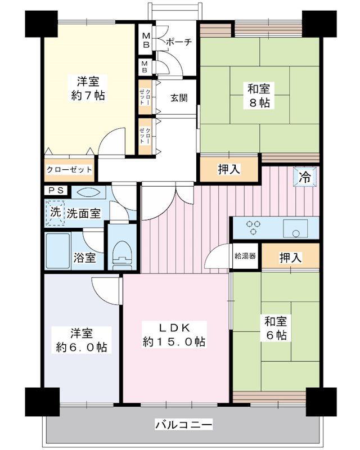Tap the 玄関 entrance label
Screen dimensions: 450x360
[179, 97]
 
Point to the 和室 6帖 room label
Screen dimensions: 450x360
[276, 328]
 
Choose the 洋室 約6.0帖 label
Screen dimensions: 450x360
[81, 340]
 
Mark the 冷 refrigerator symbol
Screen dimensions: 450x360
[304, 178]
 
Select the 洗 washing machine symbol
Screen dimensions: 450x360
[55, 213]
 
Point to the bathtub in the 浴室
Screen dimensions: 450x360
[57, 251]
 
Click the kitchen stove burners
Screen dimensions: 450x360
[253, 227]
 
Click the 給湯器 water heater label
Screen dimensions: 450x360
[246, 256]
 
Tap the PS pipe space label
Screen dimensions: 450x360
[55, 191]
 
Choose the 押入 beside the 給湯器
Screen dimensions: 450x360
[291, 258]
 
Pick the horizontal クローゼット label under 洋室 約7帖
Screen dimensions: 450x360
[69, 169]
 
